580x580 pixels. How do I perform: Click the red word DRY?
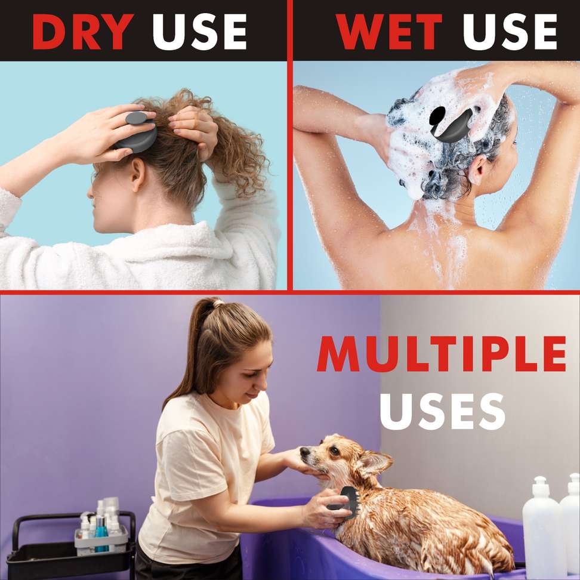83,32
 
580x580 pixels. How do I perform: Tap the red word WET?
389,32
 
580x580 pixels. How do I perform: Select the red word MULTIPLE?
442,354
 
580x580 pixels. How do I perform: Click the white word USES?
443,411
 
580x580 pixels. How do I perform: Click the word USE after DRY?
200,32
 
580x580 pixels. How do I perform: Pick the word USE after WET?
510,32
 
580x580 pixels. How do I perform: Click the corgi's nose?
304,452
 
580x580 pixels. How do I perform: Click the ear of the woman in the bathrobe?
138,174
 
